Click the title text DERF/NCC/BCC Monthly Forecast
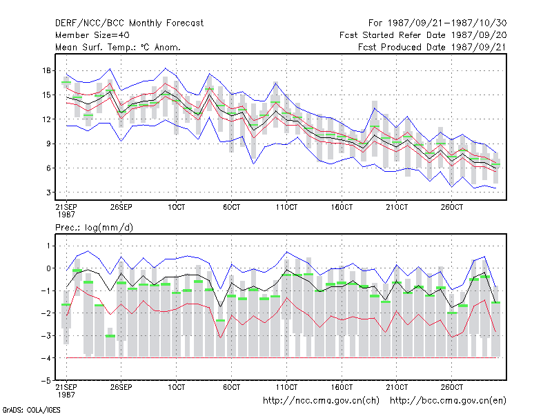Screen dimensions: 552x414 pyautogui.click(x=129, y=23)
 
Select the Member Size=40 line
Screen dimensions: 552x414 pyautogui.click(x=92, y=35)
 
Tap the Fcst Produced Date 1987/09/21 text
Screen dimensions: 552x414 pyautogui.click(x=433, y=47)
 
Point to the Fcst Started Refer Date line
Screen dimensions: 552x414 pyautogui.click(x=423, y=35)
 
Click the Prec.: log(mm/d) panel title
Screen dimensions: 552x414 pyautogui.click(x=94, y=228)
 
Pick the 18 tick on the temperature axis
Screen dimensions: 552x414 pyautogui.click(x=46, y=70)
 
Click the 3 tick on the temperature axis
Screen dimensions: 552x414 pyautogui.click(x=48, y=193)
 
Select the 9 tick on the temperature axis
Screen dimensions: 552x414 pyautogui.click(x=48, y=144)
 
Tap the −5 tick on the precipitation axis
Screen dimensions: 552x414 pyautogui.click(x=46, y=380)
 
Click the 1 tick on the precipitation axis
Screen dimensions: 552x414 pyautogui.click(x=48, y=246)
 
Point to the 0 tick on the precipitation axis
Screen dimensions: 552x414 pyautogui.click(x=48, y=268)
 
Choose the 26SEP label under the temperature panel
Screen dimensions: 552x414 pyautogui.click(x=121, y=207)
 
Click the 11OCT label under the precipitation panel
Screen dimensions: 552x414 pyautogui.click(x=286, y=387)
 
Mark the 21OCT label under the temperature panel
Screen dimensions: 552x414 pyautogui.click(x=397, y=207)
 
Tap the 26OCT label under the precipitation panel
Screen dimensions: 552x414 pyautogui.click(x=452, y=387)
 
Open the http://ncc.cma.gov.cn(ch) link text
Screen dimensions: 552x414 pyautogui.click(x=321, y=401)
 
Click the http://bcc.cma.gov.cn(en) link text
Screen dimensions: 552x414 pyautogui.click(x=448, y=401)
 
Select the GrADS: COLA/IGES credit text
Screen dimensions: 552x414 pyautogui.click(x=31, y=410)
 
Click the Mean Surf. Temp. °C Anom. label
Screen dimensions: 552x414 pyautogui.click(x=118, y=47)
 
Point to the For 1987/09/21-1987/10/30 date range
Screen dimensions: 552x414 pyautogui.click(x=437, y=23)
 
